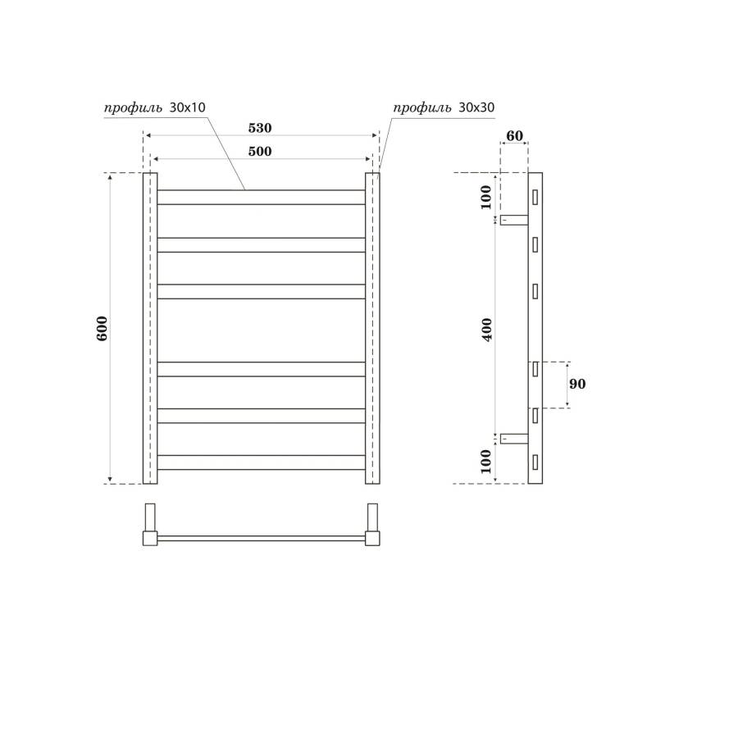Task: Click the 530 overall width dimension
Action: [x=260, y=128]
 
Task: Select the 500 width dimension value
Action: [x=260, y=152]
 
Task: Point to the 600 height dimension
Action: [x=102, y=328]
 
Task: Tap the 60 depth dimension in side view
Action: [x=514, y=136]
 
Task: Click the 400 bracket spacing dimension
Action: [x=488, y=328]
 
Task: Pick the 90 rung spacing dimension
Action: [x=577, y=384]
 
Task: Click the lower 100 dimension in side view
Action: [x=486, y=461]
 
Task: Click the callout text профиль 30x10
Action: [x=154, y=107]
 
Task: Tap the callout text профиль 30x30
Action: [x=444, y=107]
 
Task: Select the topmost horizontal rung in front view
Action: [x=261, y=197]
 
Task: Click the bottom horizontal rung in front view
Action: [x=261, y=462]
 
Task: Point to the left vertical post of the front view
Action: [x=150, y=328]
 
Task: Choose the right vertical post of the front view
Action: [x=372, y=328]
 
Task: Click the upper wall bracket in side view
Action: [x=513, y=220]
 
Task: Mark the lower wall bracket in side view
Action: [x=513, y=439]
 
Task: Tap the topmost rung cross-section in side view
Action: [x=535, y=197]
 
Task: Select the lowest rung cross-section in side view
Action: [x=535, y=462]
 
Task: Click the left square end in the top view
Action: [x=150, y=538]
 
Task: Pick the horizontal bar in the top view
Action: [x=261, y=539]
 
